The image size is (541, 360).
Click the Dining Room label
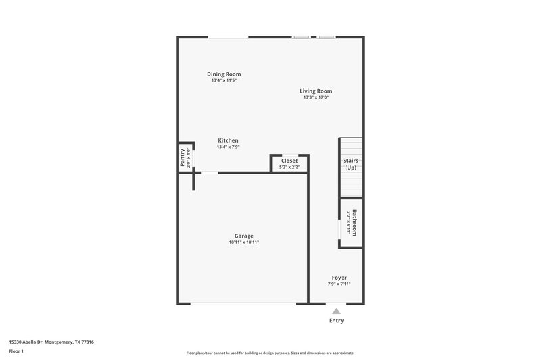224,74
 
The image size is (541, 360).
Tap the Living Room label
316,91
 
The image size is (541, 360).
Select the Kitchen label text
228,140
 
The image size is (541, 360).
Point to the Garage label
244,236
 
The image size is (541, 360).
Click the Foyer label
339,278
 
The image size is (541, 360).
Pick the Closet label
289,161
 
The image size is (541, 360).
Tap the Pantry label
182,158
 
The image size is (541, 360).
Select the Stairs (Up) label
351,164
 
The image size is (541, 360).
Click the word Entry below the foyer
336,321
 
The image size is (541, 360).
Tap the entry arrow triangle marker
336,311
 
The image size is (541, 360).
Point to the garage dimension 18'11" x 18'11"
244,242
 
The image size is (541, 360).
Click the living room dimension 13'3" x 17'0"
316,97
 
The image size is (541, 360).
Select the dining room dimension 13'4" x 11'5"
224,80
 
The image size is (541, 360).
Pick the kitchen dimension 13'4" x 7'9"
228,147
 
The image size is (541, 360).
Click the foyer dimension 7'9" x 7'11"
339,284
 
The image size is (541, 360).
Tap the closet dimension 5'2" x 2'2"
289,167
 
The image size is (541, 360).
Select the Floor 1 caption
16,351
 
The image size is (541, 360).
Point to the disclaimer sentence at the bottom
270,353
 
